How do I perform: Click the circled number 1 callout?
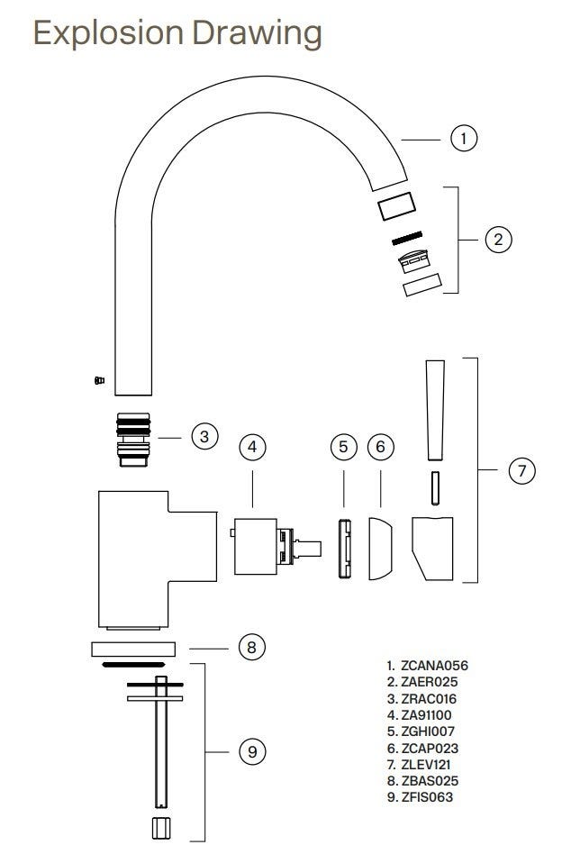coord(463,138)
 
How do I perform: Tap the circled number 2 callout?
coord(498,240)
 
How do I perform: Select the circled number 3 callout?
coord(204,437)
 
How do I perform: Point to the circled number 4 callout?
coord(252,447)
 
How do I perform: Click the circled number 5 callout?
coord(344,447)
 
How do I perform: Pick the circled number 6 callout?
coord(381,447)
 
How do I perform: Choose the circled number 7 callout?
coord(521,470)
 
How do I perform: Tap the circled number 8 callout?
coord(252,647)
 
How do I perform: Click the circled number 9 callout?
coord(252,752)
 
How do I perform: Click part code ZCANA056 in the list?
coord(435,666)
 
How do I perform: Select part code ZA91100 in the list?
coord(427,715)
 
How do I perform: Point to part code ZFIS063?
coord(427,797)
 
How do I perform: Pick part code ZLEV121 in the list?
coord(426,765)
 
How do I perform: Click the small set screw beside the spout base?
coord(99,380)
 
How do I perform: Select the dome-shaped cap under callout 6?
coord(380,549)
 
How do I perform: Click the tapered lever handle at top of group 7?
coord(436,410)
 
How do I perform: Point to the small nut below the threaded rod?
coord(160,828)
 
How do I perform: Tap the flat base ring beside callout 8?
coord(133,649)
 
